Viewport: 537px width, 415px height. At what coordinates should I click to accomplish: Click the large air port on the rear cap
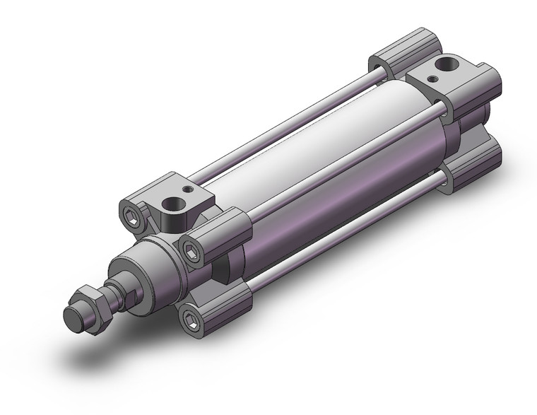tap(444, 67)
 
